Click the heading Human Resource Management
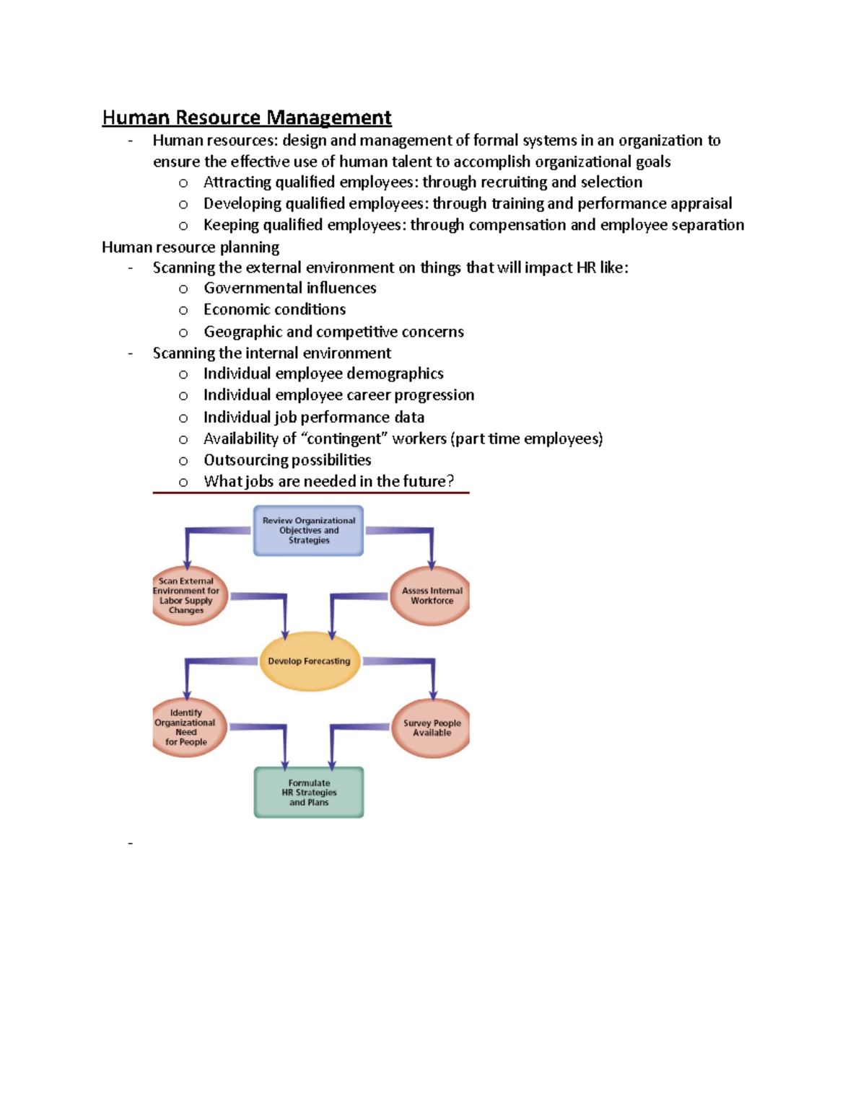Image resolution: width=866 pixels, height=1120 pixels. point(247,118)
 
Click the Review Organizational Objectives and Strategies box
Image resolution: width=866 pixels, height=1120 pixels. point(309,530)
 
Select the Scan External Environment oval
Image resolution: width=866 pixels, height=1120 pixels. point(188,596)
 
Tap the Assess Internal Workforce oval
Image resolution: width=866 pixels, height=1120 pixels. point(431,596)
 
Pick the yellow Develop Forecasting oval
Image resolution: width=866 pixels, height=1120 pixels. point(309,661)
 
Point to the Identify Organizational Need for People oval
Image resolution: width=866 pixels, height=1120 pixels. point(188,727)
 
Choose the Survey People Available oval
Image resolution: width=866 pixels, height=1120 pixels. point(431,728)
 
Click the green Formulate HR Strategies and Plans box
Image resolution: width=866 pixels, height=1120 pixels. point(309,793)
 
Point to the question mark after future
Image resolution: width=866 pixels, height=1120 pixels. point(451,481)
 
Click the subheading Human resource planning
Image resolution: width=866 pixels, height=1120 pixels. point(191,247)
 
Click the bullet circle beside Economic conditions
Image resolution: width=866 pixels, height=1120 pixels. point(183,311)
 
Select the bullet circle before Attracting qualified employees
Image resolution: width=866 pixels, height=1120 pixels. point(183,183)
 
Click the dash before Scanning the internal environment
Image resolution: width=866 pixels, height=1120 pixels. point(130,353)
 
